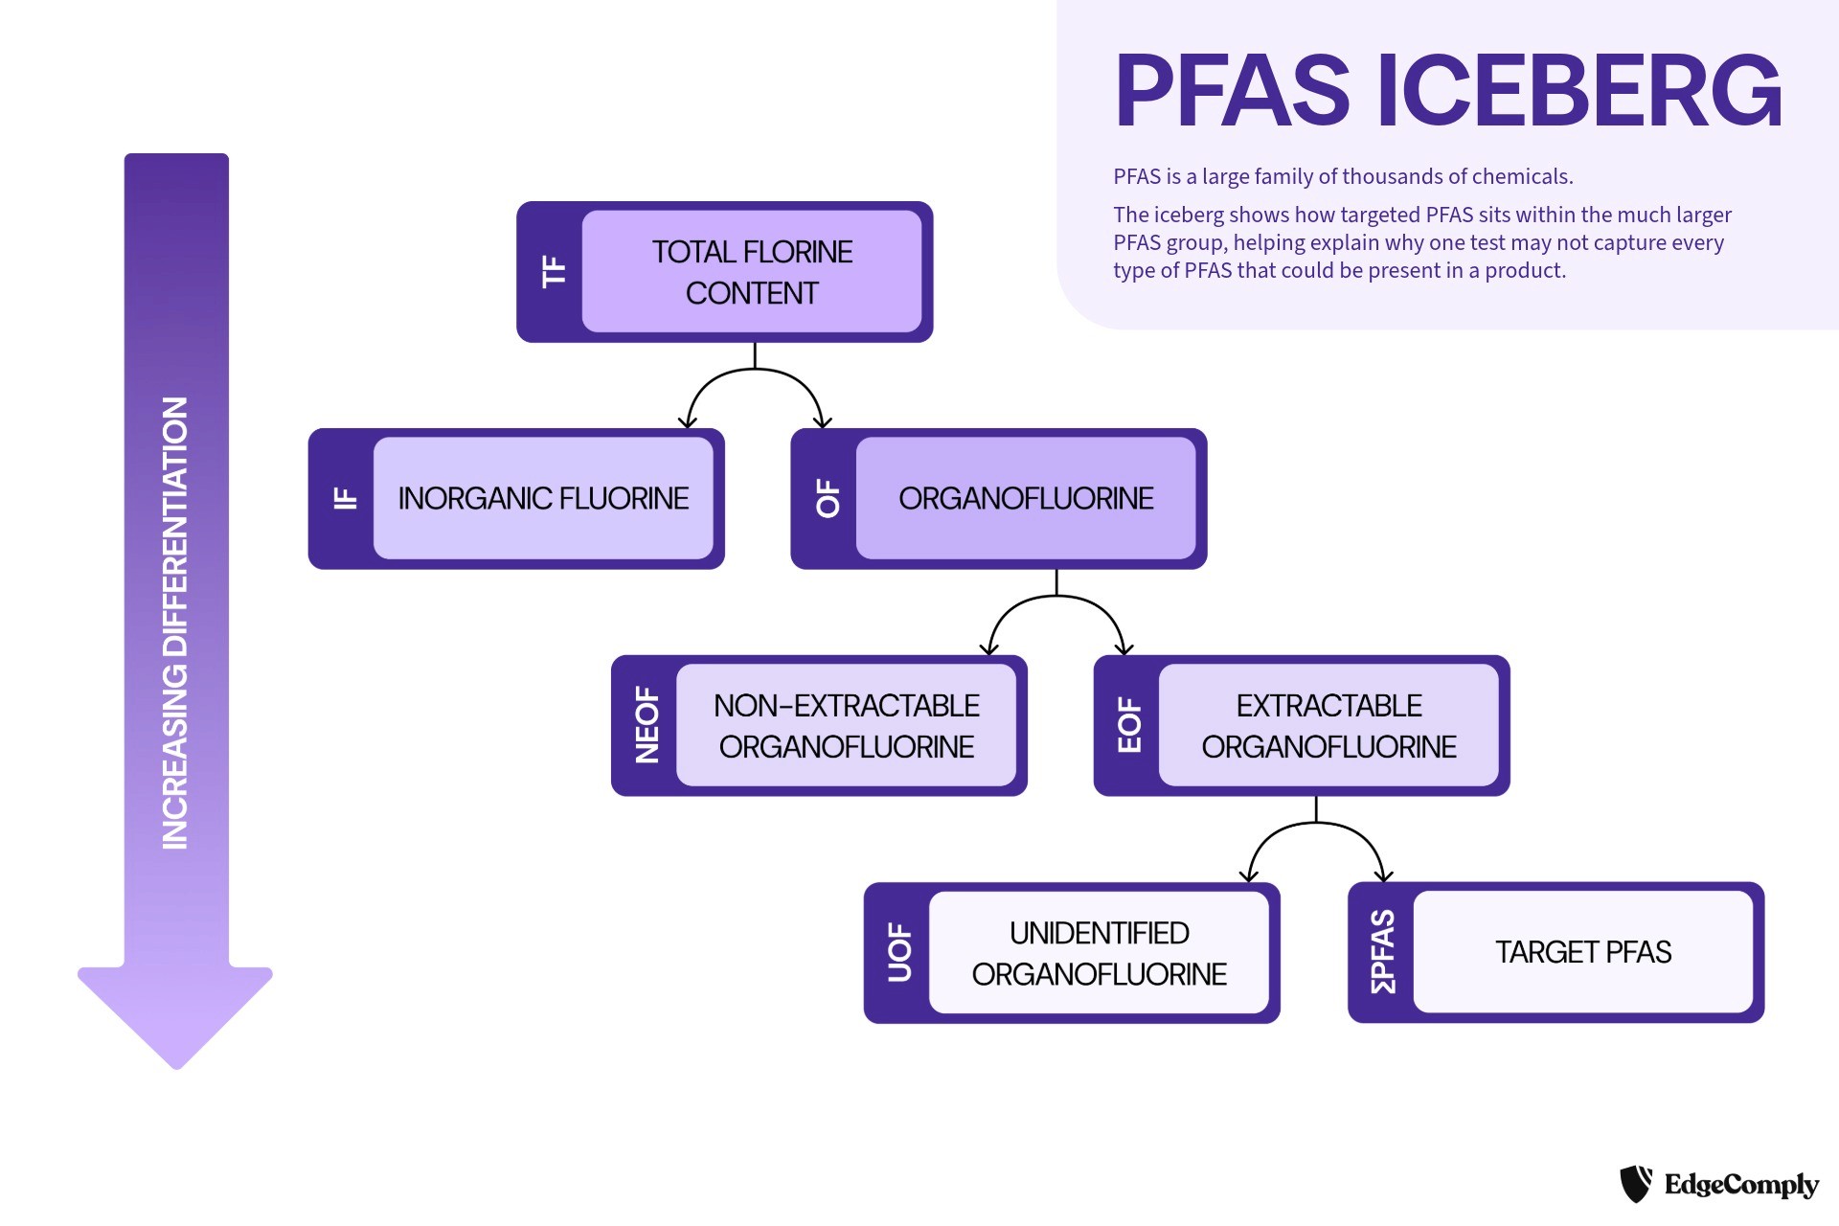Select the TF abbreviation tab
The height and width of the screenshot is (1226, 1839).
coord(554,271)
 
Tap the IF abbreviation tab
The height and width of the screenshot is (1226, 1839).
coord(345,498)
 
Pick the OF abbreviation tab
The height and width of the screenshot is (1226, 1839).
coord(828,498)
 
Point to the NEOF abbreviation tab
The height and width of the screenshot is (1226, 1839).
coord(647,725)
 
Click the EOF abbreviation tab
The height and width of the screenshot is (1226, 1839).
coord(1130,725)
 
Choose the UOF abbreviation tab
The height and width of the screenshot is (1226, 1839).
coord(900,952)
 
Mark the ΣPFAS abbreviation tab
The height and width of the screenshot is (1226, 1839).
coord(1383,952)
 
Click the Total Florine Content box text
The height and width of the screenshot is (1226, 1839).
coord(752,272)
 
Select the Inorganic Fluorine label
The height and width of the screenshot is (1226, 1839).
coord(543,498)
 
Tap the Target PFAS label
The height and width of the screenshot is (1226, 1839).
coord(1583,952)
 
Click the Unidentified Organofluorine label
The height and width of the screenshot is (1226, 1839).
coord(1100,953)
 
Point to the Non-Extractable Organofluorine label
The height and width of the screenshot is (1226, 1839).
coord(847,726)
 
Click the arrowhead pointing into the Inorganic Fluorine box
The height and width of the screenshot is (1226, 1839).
coord(688,421)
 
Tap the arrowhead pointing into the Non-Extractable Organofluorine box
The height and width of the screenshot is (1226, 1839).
coord(989,648)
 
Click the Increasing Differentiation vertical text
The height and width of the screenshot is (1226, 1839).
coord(175,623)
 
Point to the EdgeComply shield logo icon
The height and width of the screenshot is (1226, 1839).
coord(1636,1184)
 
